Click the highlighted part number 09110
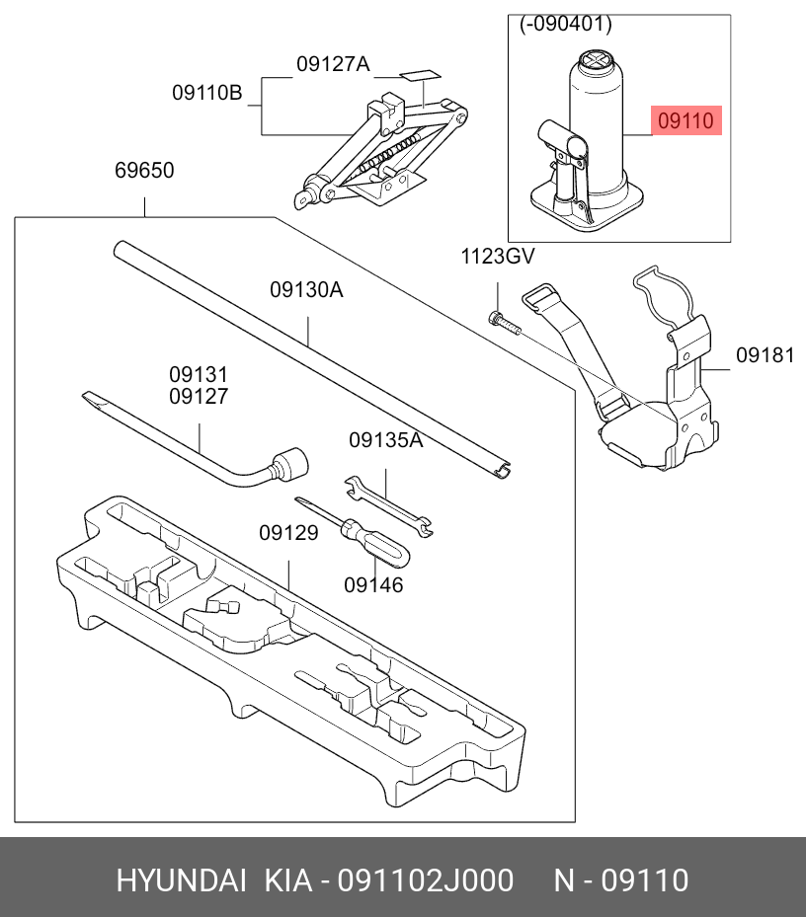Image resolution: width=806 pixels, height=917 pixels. (x=685, y=121)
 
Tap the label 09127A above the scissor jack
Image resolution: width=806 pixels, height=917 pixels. (x=332, y=65)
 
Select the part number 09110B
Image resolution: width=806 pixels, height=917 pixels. (x=206, y=94)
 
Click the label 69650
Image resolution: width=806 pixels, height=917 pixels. (x=144, y=171)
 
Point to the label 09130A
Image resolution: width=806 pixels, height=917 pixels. (x=306, y=290)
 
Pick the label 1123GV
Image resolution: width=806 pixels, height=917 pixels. (x=498, y=258)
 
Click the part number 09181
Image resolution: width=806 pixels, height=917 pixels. (x=765, y=356)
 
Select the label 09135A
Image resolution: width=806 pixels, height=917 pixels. (x=385, y=440)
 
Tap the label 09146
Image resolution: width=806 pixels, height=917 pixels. (x=373, y=585)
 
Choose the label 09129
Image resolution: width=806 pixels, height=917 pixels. (x=288, y=533)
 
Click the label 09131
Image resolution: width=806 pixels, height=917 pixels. (x=198, y=375)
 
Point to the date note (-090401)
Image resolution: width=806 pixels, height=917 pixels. (x=566, y=25)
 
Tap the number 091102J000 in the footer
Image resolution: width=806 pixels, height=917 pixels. (x=426, y=879)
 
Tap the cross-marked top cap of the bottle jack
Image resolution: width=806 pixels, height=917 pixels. (x=597, y=62)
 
